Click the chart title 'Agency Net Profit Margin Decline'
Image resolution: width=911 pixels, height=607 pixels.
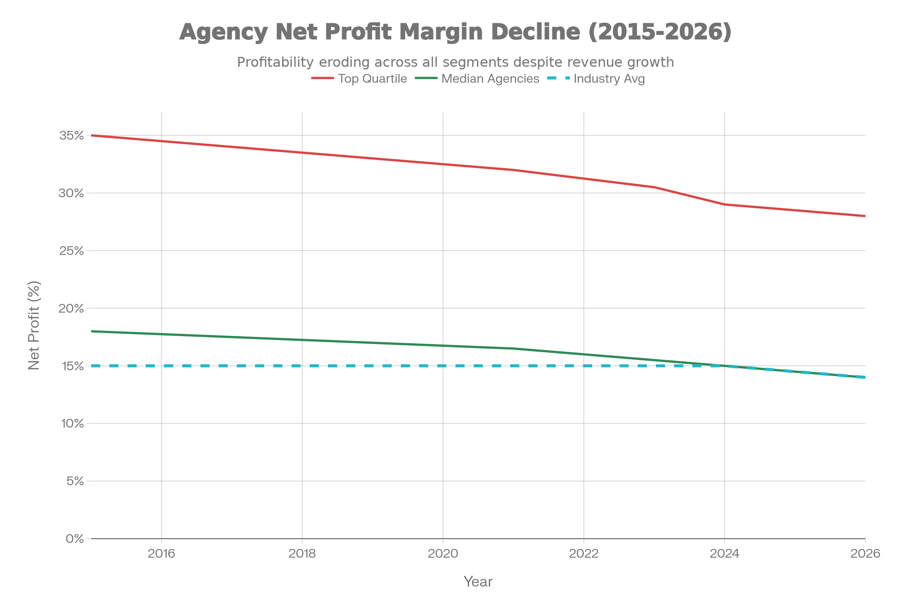[455, 32]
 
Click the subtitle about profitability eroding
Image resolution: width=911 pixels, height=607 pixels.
[455, 62]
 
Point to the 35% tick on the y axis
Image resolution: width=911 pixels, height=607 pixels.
[71, 135]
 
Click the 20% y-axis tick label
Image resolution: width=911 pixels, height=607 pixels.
[71, 308]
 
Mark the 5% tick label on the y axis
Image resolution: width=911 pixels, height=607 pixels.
[75, 481]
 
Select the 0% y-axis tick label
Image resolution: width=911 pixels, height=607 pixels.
[75, 539]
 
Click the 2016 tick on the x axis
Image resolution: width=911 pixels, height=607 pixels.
[162, 554]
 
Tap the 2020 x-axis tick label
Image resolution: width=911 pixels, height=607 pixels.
[443, 554]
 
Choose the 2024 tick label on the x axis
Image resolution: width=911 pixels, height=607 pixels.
[724, 554]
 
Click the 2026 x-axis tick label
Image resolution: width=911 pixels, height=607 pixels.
[865, 554]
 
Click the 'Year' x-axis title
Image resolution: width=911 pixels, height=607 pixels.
[478, 582]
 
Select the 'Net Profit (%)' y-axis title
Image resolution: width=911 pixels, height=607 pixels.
[34, 326]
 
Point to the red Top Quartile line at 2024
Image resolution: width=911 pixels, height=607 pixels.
[725, 204]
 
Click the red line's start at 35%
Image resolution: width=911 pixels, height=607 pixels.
[92, 135]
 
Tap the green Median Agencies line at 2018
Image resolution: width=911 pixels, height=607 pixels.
[302, 340]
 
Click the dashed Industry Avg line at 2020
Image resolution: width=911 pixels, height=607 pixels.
[443, 366]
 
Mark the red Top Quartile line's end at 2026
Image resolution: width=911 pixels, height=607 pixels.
[865, 216]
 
